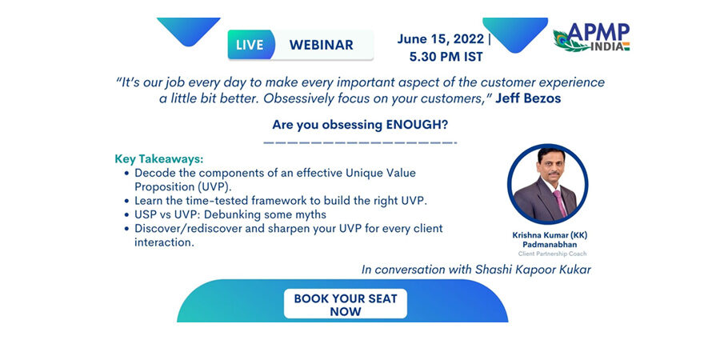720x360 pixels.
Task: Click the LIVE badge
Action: pyautogui.click(x=250, y=45)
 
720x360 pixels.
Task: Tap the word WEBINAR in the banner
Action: pyautogui.click(x=322, y=45)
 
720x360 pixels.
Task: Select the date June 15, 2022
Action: pyautogui.click(x=440, y=38)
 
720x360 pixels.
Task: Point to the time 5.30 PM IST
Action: pyautogui.click(x=446, y=57)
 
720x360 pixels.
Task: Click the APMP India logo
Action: pyautogui.click(x=591, y=37)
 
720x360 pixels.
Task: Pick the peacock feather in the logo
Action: pyautogui.click(x=570, y=42)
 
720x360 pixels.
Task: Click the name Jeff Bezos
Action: pyautogui.click(x=528, y=98)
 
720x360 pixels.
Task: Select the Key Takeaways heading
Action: pyautogui.click(x=159, y=160)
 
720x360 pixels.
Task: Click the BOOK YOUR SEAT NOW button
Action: pyautogui.click(x=346, y=304)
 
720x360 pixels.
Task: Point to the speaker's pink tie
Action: pyautogui.click(x=560, y=203)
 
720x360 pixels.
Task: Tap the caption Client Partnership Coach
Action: pyautogui.click(x=552, y=254)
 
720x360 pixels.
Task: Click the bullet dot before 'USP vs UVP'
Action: pyautogui.click(x=126, y=215)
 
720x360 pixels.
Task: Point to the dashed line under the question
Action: pyautogui.click(x=360, y=143)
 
